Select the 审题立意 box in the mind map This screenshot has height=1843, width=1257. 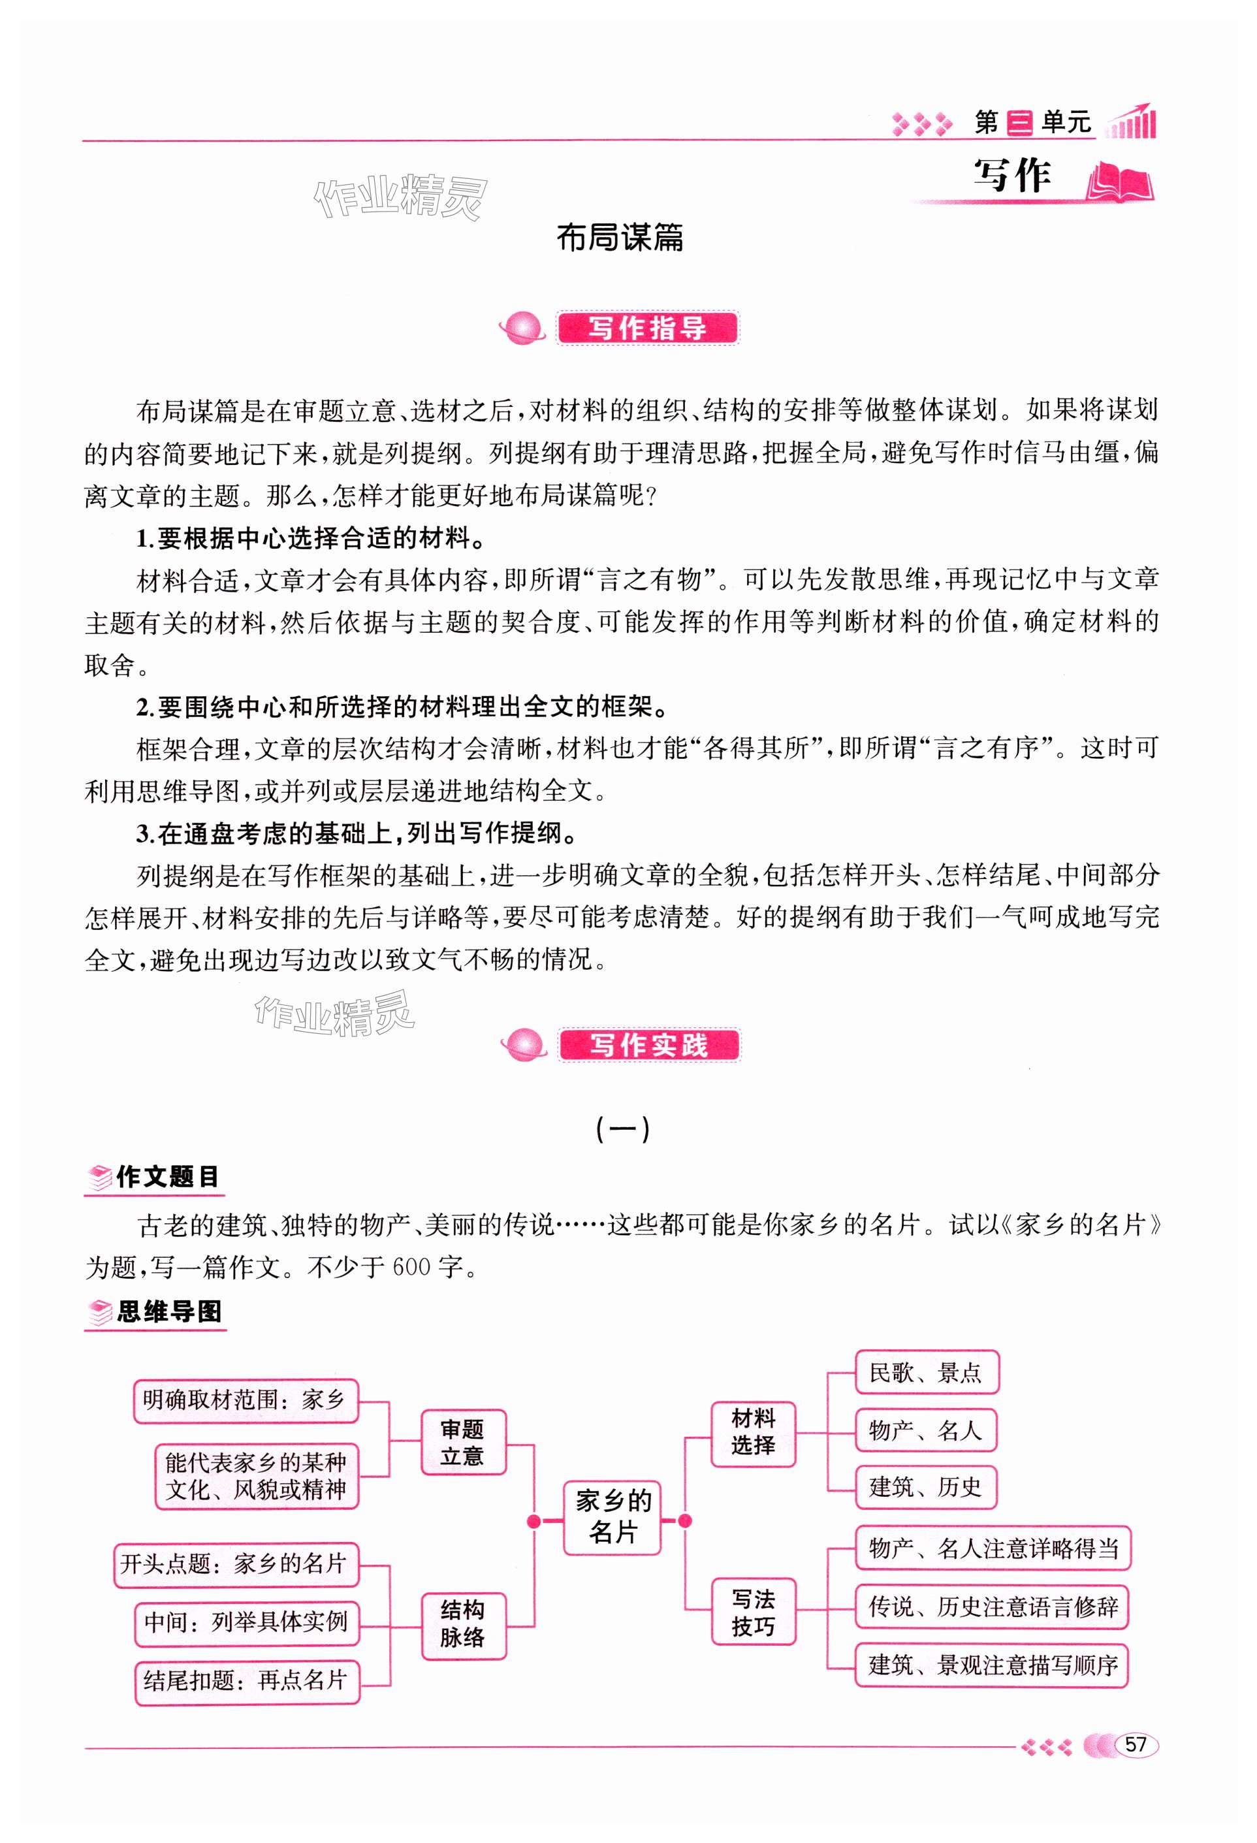[x=462, y=1442]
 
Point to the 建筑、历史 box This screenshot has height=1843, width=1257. [x=925, y=1487]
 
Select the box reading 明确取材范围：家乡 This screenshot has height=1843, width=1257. [x=245, y=1400]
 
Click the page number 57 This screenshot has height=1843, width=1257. [x=1136, y=1744]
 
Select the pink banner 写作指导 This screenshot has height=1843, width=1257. [x=647, y=329]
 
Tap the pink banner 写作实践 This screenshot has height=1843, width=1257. [x=648, y=1045]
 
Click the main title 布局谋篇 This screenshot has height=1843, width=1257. [x=620, y=237]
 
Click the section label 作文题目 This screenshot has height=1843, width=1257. [x=167, y=1177]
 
